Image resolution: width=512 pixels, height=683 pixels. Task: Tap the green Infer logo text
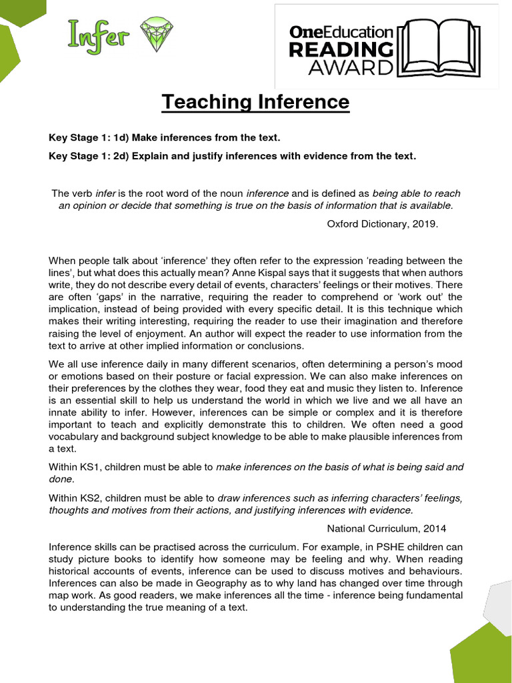pyautogui.click(x=97, y=35)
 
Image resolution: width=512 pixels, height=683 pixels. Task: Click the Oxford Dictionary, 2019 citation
pyautogui.click(x=383, y=224)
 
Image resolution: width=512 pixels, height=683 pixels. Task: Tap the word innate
pyautogui.click(x=64, y=414)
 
